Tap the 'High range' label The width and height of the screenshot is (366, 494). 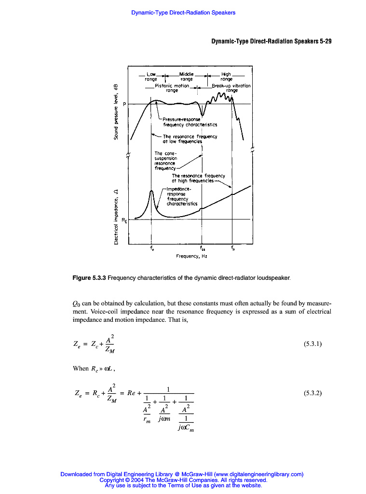[x=226, y=77]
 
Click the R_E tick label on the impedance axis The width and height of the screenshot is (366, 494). [x=124, y=220]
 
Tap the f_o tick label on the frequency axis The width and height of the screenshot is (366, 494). [x=152, y=249]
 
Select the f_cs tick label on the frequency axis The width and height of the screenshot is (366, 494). [x=203, y=249]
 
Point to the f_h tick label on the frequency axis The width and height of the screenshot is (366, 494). [x=232, y=249]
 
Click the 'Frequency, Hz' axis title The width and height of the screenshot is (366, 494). [x=191, y=257]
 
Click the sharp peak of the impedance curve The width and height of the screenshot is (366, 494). [x=151, y=191]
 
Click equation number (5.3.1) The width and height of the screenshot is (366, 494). [x=312, y=344]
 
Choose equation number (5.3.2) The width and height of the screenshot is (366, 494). [x=312, y=393]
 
